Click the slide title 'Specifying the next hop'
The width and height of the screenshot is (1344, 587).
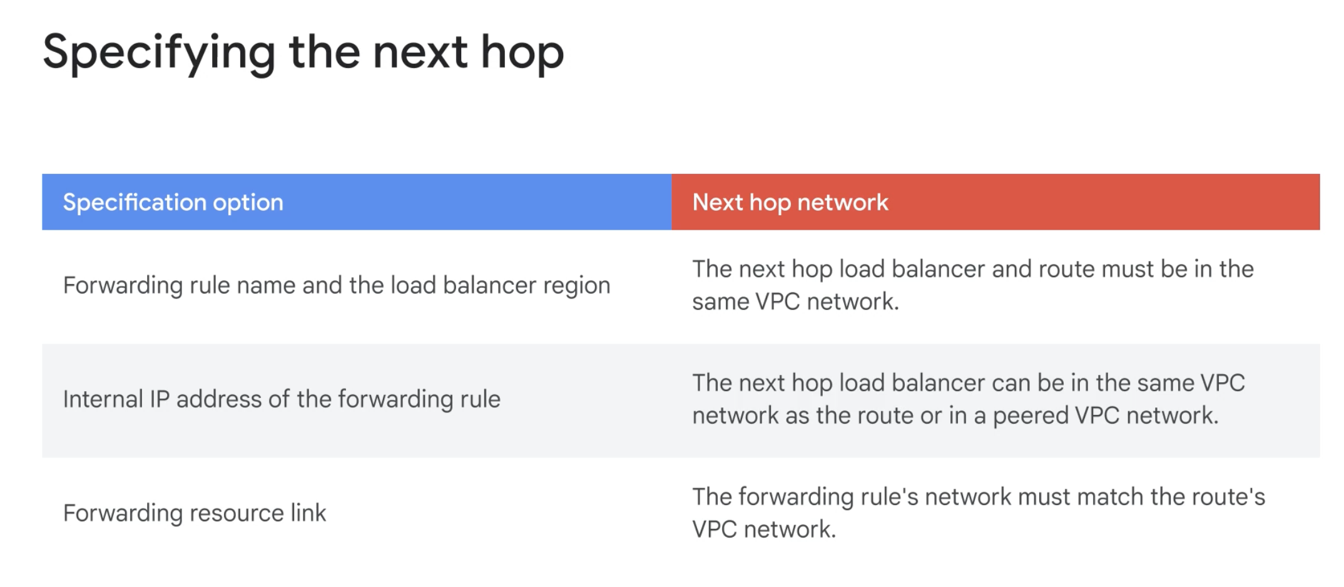[303, 54]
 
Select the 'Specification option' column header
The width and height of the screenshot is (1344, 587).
[173, 202]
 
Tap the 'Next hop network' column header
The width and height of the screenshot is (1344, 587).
[790, 202]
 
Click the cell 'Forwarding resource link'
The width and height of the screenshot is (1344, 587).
[195, 513]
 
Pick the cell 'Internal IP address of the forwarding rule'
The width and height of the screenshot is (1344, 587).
[282, 399]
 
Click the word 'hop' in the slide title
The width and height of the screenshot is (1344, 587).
[522, 54]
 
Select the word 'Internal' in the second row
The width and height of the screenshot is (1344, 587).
[103, 399]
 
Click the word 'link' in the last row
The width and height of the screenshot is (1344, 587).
[308, 513]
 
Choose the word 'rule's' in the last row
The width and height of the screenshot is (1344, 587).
[890, 497]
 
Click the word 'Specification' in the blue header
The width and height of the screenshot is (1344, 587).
[135, 202]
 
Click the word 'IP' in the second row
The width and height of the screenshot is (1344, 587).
[160, 399]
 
